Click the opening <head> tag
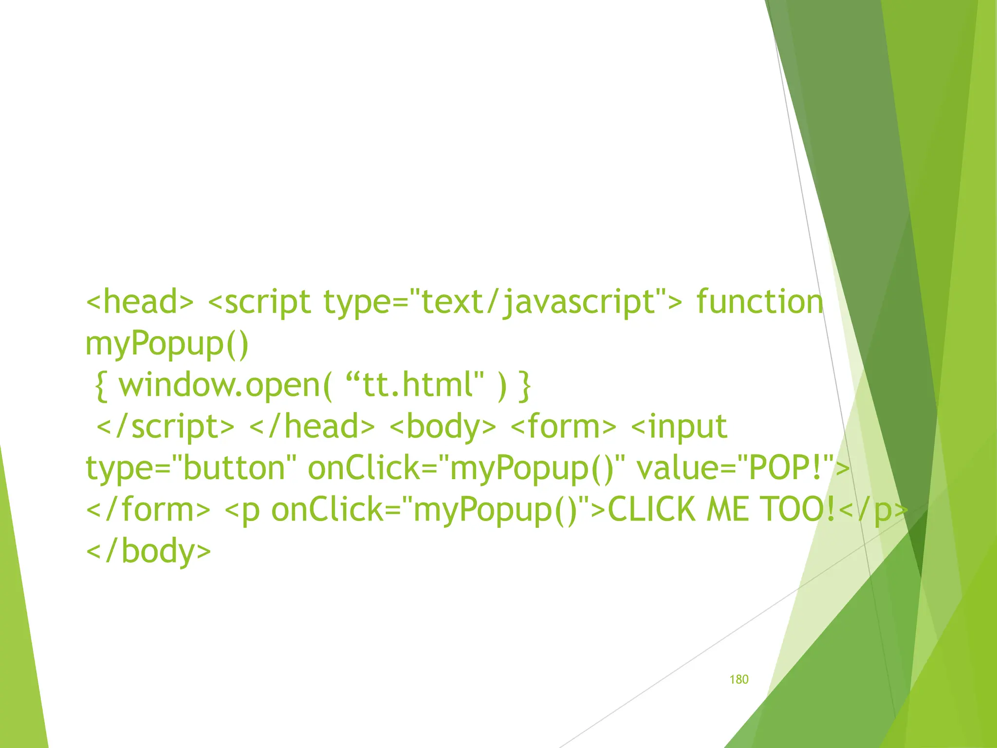140,302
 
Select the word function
760,302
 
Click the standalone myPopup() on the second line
167,344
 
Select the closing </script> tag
166,427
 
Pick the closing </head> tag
312,427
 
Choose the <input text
679,427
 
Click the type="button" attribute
191,468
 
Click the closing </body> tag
148,551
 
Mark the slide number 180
739,680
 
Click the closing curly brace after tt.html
524,385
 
